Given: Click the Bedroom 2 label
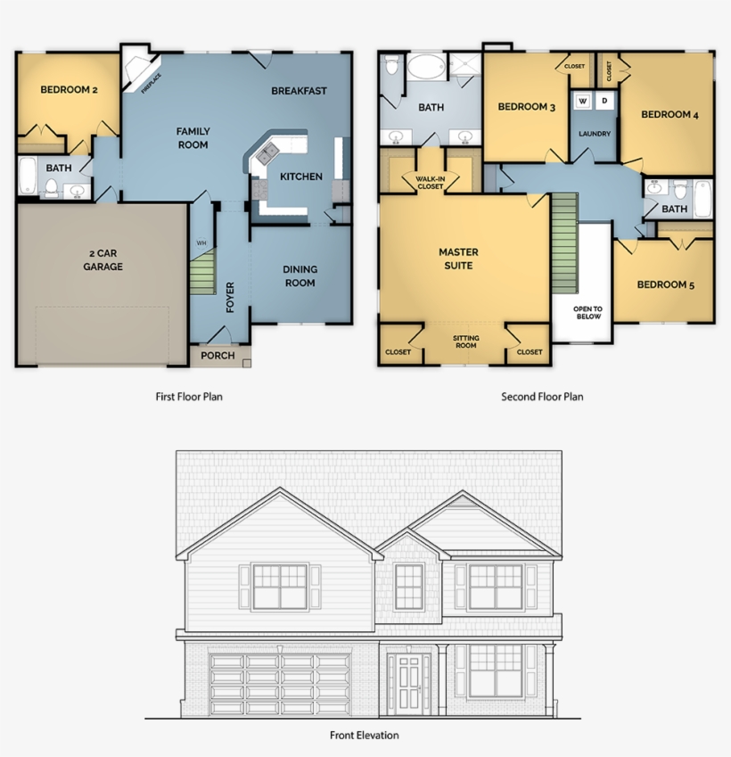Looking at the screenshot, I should click(x=69, y=90).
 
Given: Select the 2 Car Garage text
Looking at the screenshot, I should click(x=103, y=259).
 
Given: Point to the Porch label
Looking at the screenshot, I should click(x=218, y=356).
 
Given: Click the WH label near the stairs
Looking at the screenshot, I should click(x=201, y=242).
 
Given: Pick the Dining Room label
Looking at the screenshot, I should click(x=300, y=276).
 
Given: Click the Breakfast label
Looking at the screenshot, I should click(x=299, y=90).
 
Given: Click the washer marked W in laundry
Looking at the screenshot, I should click(x=583, y=101).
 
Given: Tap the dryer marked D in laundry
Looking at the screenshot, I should click(x=604, y=101).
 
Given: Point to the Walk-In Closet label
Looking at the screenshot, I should click(x=431, y=183).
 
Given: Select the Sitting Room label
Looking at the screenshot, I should click(x=465, y=341).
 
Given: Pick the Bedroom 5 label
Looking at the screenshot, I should click(x=665, y=285).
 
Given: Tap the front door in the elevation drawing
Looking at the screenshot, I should click(x=411, y=683).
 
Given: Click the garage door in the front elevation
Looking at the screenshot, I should click(x=280, y=682).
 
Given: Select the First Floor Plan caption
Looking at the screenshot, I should click(x=188, y=397).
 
